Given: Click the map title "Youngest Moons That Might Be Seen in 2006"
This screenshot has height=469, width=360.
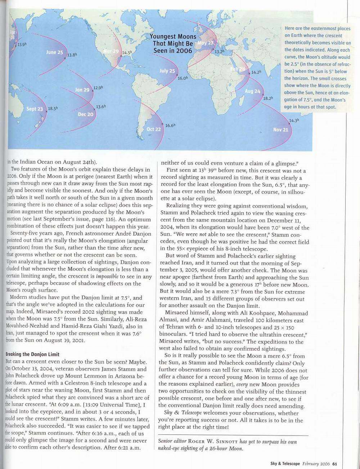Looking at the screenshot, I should (173, 44).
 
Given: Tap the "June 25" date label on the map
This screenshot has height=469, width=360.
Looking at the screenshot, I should (54, 52).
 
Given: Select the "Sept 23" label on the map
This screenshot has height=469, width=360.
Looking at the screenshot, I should (35, 109).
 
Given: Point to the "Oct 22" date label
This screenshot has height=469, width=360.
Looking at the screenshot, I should (154, 129).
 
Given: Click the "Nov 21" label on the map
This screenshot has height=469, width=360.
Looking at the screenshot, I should (280, 130).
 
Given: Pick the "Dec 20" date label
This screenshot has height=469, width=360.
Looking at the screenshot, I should (86, 114).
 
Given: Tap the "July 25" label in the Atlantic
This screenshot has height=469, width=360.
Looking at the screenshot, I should (167, 71).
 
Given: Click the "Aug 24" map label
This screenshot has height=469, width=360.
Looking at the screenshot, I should (252, 91).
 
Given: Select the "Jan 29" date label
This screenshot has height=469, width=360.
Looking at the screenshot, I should (82, 90).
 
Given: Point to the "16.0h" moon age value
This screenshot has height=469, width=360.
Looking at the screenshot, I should (183, 78).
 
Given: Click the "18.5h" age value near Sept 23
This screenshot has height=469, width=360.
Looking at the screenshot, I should (53, 108).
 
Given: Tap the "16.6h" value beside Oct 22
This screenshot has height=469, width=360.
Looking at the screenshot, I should (170, 126).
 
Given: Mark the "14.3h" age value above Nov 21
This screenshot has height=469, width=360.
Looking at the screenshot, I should (294, 120).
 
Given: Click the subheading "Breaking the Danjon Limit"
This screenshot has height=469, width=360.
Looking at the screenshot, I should (31, 354).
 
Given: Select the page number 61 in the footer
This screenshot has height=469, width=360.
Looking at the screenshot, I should (334, 463).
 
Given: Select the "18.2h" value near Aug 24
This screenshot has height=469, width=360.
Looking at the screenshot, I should (268, 98).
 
